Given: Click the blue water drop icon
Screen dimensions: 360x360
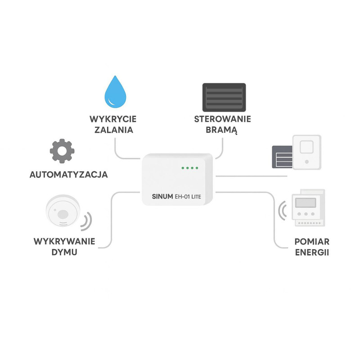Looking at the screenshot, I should (x=115, y=93).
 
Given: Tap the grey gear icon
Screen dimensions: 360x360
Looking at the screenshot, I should (x=62, y=152).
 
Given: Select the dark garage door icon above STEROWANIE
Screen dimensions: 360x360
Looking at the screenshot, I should (x=224, y=97).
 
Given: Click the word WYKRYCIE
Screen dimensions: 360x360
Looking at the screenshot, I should (x=113, y=119).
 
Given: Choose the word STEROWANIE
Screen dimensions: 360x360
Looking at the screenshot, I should (x=223, y=119).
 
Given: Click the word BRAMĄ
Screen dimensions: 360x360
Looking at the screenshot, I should (x=222, y=130).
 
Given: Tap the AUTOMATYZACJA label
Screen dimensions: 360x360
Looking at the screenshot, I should (x=69, y=175).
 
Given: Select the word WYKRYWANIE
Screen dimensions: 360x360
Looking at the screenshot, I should (x=64, y=241).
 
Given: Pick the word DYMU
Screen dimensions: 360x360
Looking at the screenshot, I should (x=64, y=252).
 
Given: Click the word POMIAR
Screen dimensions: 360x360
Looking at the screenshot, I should (x=312, y=241).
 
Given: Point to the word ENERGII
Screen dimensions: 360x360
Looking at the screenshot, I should (x=312, y=252).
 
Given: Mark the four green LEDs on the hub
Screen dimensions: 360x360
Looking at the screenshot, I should (x=189, y=168).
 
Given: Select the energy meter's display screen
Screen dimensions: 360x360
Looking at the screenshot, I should (x=305, y=202).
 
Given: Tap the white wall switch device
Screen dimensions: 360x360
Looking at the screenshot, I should (x=306, y=152).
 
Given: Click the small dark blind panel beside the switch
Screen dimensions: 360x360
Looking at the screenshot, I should (x=282, y=157).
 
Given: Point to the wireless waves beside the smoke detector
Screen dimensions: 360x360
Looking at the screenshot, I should (x=86, y=220).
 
